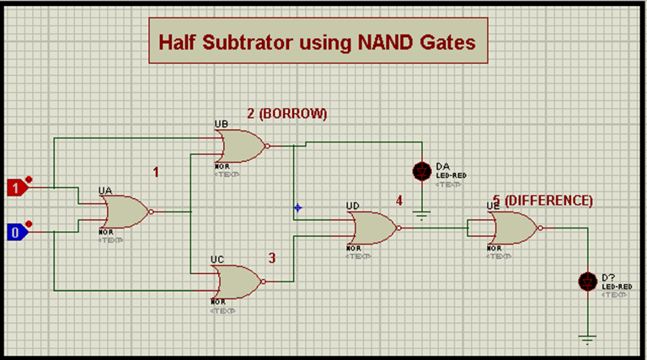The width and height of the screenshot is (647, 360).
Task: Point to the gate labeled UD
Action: [370, 227]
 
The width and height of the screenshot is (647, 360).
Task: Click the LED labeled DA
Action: [421, 171]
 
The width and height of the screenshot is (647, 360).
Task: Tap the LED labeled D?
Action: [587, 281]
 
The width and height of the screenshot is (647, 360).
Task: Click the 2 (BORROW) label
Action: [286, 113]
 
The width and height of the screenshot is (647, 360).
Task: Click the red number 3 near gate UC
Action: [272, 258]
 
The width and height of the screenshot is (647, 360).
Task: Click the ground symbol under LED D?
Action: [587, 338]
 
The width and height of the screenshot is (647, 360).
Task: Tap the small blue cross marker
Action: [297, 207]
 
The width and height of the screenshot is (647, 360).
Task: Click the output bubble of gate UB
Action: [268, 146]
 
